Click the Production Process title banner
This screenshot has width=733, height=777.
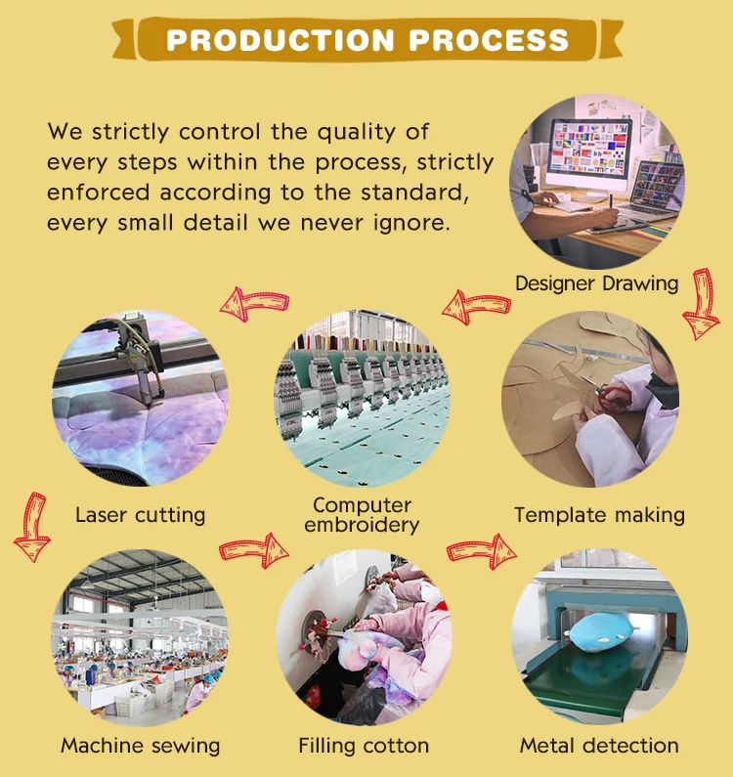(x=366, y=40)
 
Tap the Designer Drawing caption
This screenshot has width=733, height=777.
(x=597, y=283)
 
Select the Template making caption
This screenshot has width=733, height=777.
(x=600, y=515)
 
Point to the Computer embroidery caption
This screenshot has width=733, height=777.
(x=362, y=515)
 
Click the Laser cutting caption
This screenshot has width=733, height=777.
(x=141, y=515)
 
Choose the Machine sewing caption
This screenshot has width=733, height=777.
(x=141, y=746)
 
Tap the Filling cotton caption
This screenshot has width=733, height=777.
(x=364, y=746)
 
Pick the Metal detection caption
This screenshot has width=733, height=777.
(x=599, y=746)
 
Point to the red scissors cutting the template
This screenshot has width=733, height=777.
(x=610, y=395)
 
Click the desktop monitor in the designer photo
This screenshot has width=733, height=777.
(x=588, y=153)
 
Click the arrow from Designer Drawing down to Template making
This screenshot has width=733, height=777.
(x=702, y=304)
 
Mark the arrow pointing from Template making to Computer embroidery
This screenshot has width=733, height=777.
(x=476, y=307)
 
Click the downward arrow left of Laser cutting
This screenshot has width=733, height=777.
(x=32, y=527)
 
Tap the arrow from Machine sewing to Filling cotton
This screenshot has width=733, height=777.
(x=254, y=550)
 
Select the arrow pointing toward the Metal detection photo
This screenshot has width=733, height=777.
(x=481, y=551)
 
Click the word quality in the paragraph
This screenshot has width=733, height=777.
(x=356, y=133)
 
